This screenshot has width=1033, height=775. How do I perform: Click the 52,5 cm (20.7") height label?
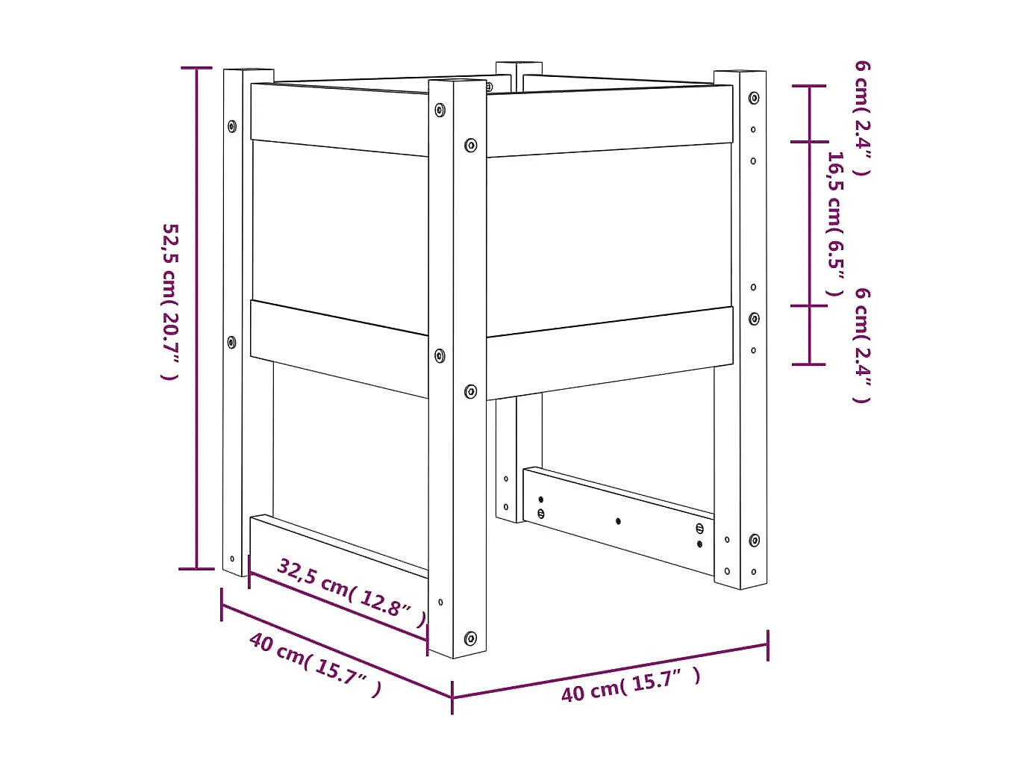tap(171, 301)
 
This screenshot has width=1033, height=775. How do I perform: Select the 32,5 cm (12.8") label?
tap(352, 592)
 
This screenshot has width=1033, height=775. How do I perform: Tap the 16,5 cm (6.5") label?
tap(836, 224)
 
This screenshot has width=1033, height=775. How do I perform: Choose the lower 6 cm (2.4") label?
tap(863, 345)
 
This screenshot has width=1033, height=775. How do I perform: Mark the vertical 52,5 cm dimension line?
tap(197, 317)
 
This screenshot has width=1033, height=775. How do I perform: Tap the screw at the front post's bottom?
tap(470, 638)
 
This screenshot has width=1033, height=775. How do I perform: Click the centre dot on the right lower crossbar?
tap(618, 520)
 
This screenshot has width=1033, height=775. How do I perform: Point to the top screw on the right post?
tap(754, 98)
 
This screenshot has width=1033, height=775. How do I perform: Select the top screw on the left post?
tap(232, 125)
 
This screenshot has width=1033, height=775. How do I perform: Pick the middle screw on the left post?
tap(231, 342)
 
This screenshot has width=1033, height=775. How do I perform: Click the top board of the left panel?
tap(340, 119)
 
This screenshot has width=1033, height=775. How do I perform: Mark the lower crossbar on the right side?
tap(618, 520)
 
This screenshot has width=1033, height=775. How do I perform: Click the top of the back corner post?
tap(519, 67)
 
